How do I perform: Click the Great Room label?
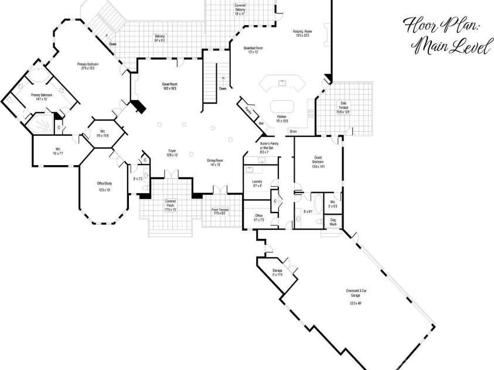[170, 86]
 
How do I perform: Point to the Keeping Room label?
[302, 34]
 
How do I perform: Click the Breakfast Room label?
[253, 49]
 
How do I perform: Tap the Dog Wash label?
[333, 222]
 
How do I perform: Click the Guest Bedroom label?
[318, 160]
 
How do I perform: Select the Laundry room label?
[257, 183]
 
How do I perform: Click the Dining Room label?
[213, 162]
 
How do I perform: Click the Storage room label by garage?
[277, 272]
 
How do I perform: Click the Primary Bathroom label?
[42, 97]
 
